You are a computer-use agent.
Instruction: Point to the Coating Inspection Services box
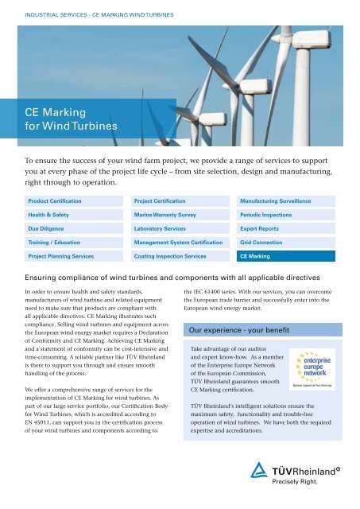[180, 257]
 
